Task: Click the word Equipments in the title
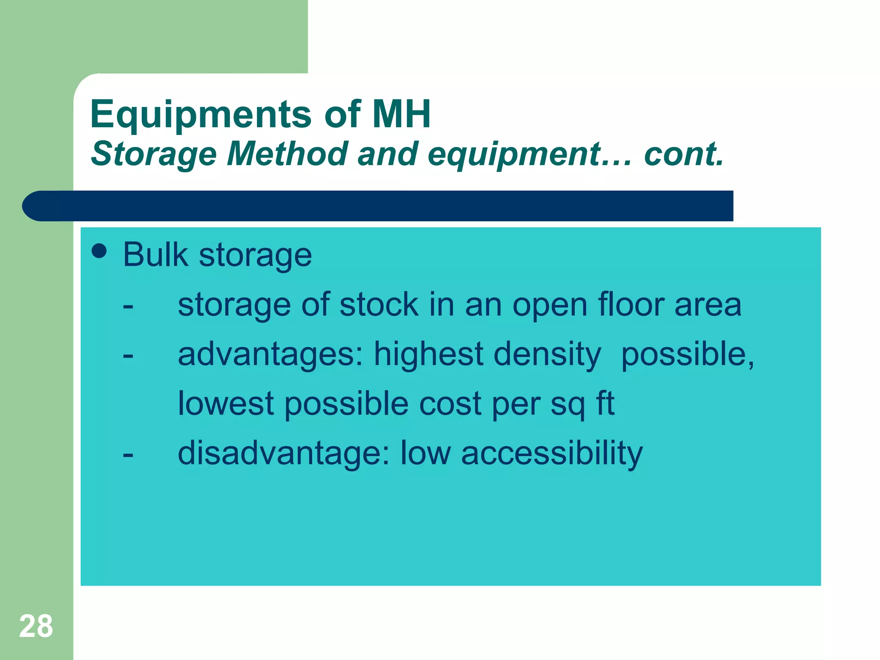(201, 114)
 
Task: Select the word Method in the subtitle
(287, 154)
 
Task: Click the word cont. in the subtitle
(684, 154)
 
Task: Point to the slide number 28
(36, 626)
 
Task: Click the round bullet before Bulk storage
(99, 251)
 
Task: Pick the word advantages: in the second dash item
(271, 354)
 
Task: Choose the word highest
(428, 354)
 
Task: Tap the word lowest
(226, 403)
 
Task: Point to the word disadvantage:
(284, 453)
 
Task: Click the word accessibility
(552, 453)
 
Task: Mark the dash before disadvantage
(128, 455)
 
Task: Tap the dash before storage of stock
(128, 307)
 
